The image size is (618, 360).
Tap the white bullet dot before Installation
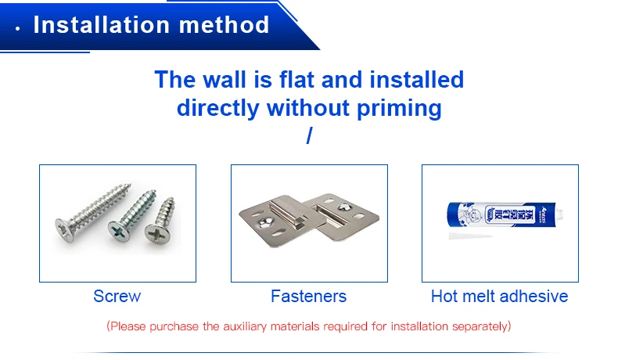pyautogui.click(x=17, y=27)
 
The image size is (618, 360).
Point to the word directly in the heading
pyautogui.click(x=218, y=107)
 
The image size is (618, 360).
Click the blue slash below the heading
pyautogui.click(x=309, y=135)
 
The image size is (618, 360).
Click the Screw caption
pyautogui.click(x=117, y=296)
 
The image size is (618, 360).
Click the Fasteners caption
pyautogui.click(x=308, y=296)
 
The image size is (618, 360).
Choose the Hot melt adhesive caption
pyautogui.click(x=499, y=296)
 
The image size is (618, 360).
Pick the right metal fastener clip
pyautogui.click(x=345, y=216)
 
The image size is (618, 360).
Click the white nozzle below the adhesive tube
pyautogui.click(x=469, y=236)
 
